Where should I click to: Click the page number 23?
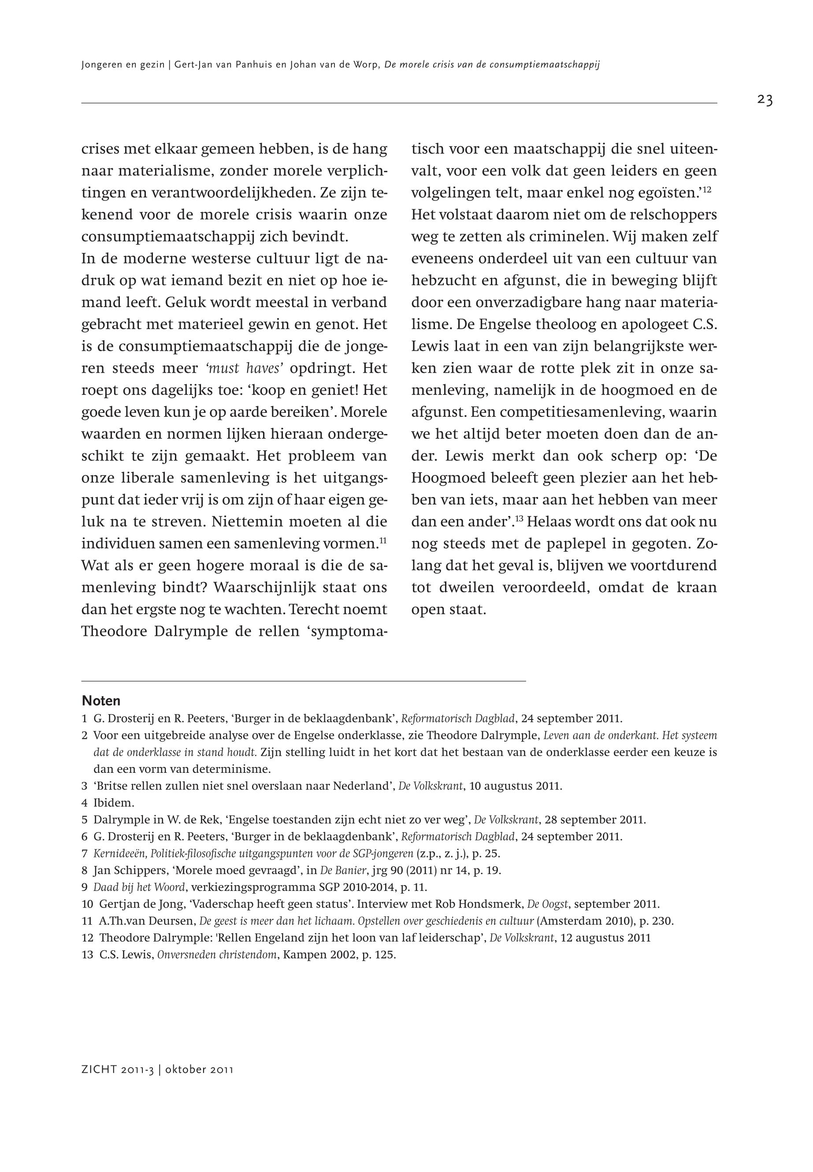765,100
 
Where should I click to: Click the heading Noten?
101,701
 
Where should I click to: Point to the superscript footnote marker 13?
519,519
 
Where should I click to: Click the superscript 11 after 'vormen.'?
383,541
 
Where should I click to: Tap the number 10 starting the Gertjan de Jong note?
87,904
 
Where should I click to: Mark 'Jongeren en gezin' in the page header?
122,65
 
